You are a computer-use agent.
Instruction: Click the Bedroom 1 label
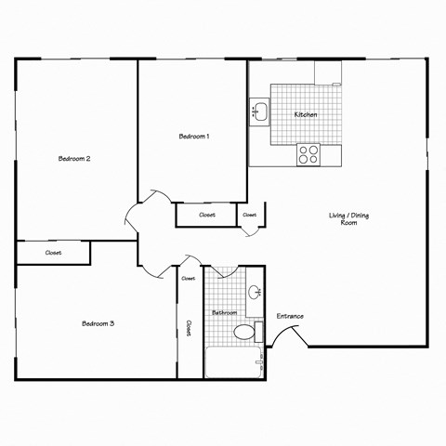pos(194,137)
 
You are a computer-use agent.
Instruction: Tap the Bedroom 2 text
pos(74,159)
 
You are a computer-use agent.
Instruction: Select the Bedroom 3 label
pos(98,323)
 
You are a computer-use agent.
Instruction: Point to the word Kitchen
pos(306,114)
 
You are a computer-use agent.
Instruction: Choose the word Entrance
pos(290,316)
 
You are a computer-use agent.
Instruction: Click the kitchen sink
pos(259,113)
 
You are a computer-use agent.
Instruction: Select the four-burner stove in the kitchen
pos(308,154)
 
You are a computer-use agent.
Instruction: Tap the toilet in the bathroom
pos(246,331)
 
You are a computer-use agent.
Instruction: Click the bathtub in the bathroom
pos(233,361)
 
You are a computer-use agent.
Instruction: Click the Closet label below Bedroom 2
pos(53,253)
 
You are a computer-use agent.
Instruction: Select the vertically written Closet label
pos(190,328)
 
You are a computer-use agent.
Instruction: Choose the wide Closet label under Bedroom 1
pos(207,215)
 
